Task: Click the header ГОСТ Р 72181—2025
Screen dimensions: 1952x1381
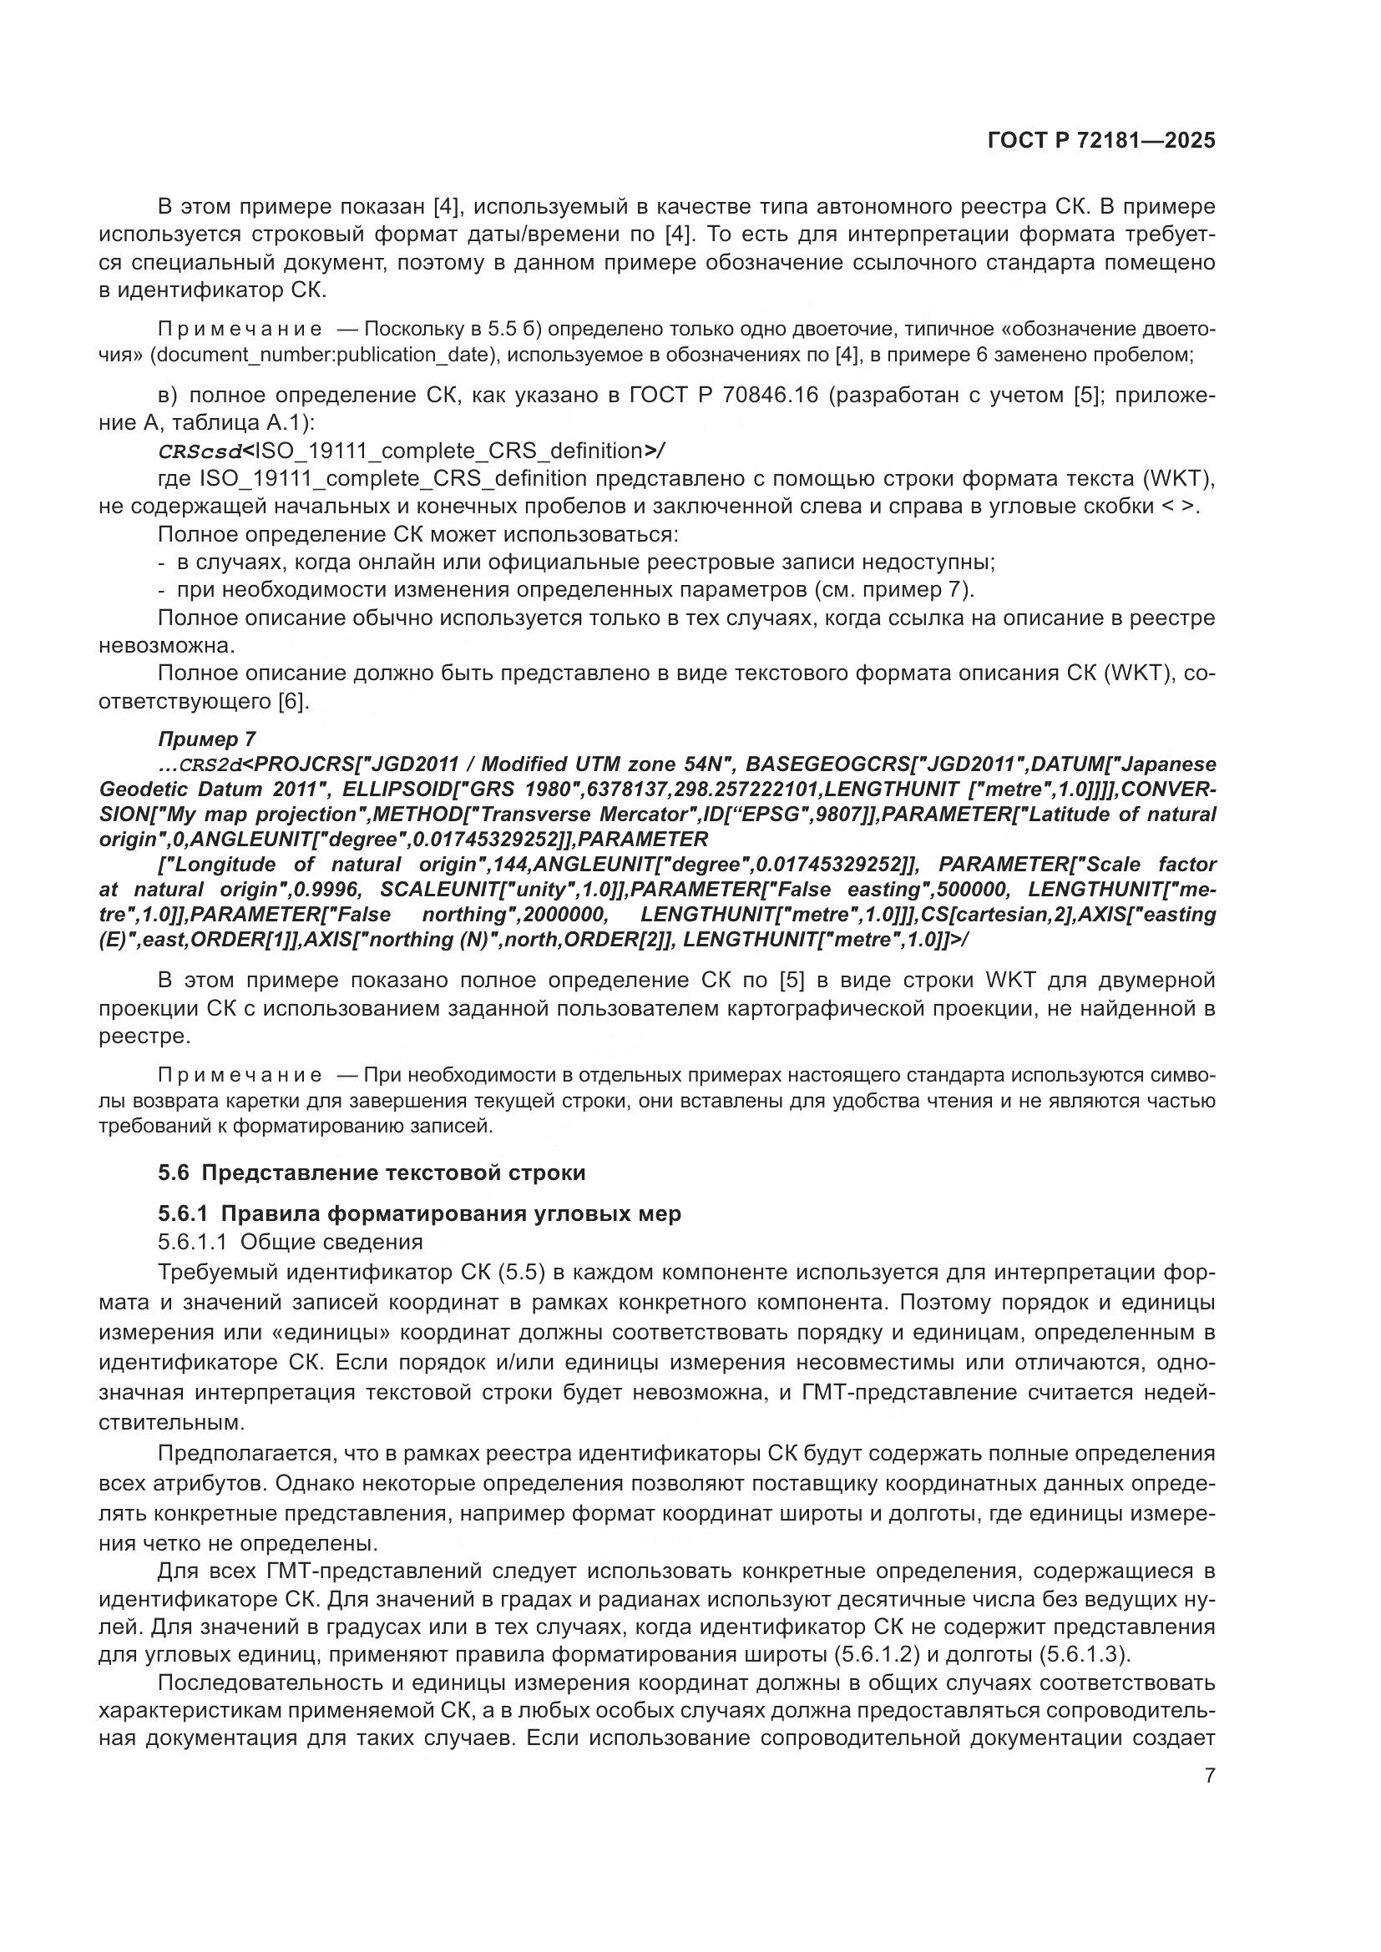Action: pyautogui.click(x=1101, y=141)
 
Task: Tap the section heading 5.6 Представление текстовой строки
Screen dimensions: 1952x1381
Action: pyautogui.click(x=372, y=1173)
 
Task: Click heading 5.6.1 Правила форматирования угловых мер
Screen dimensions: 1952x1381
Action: pyautogui.click(x=419, y=1214)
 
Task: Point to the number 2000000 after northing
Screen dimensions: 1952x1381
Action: pyautogui.click(x=564, y=915)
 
